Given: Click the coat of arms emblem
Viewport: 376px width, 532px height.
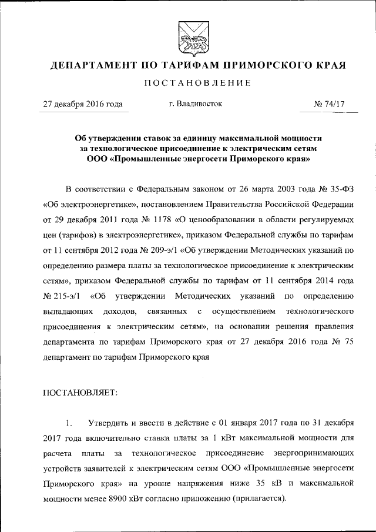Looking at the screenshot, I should tap(189, 36).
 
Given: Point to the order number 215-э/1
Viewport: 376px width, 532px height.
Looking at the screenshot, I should tap(61, 295).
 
